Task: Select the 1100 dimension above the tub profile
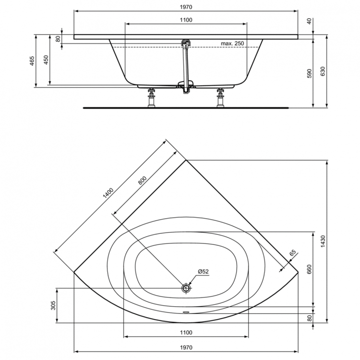pos(186,20)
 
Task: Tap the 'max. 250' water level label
pos(232,44)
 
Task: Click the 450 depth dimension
pos(46,60)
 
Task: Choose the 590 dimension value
pos(310,73)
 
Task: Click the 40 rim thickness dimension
pos(310,21)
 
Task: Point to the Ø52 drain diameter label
pos(204,272)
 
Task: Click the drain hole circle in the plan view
pos(186,288)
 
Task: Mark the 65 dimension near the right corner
pos(293,253)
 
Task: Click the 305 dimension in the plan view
pos(53,305)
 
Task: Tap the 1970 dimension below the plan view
pos(186,347)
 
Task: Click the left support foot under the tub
pos(152,98)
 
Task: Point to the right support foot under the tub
pos(221,98)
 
